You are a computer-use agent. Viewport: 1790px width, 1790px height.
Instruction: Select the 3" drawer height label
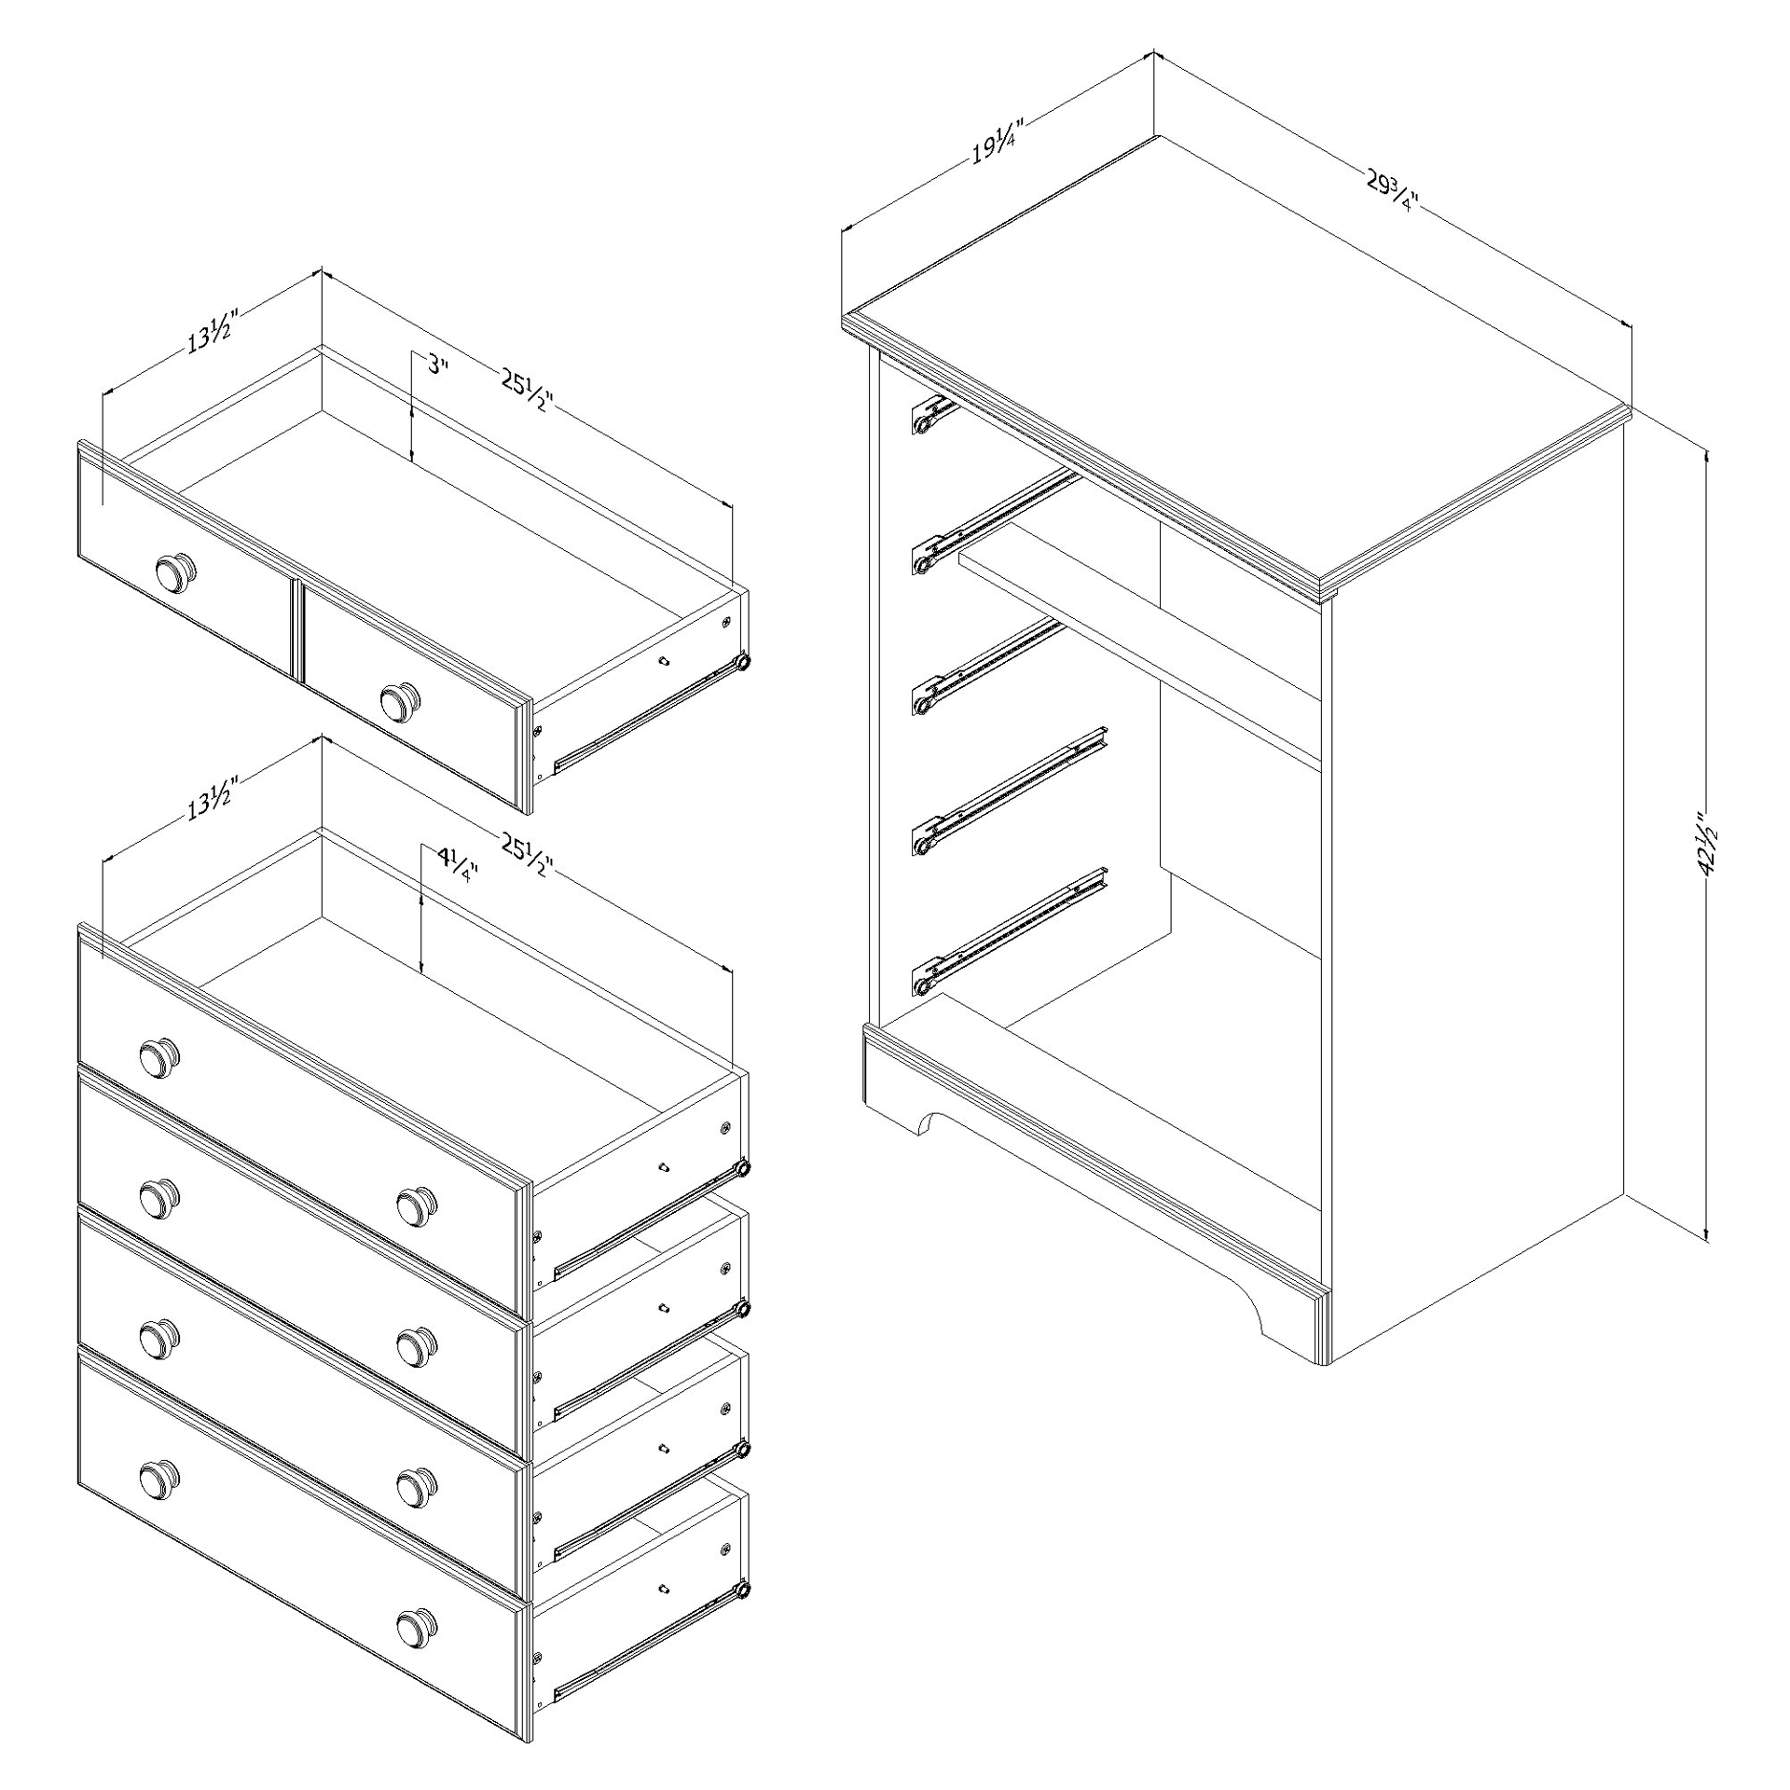click(x=438, y=365)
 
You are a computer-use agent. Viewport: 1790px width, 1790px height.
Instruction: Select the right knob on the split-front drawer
click(x=401, y=699)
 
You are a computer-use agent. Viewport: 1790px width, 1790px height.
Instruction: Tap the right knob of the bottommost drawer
click(x=416, y=1629)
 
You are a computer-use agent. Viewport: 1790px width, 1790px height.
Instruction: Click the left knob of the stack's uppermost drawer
click(x=159, y=1056)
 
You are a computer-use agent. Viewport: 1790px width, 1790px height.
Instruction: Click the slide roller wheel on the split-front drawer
click(x=742, y=662)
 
